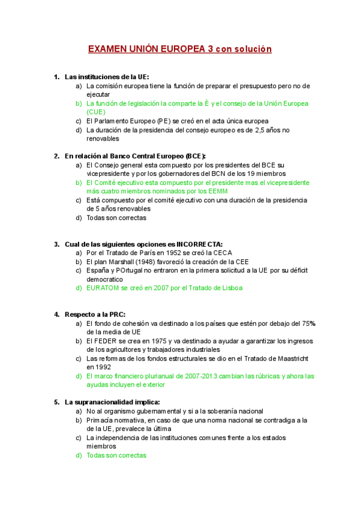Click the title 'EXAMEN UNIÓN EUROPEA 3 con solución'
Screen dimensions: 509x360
(180, 49)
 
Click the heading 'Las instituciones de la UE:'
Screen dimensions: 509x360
(106, 77)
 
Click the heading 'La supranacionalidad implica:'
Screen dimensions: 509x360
(112, 402)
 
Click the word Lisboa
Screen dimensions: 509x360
(231, 288)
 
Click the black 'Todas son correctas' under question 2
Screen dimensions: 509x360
(116, 218)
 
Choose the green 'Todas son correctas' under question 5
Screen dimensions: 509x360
(116, 455)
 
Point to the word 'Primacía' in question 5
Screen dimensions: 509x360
(100, 420)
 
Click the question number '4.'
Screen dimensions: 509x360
(57, 314)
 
